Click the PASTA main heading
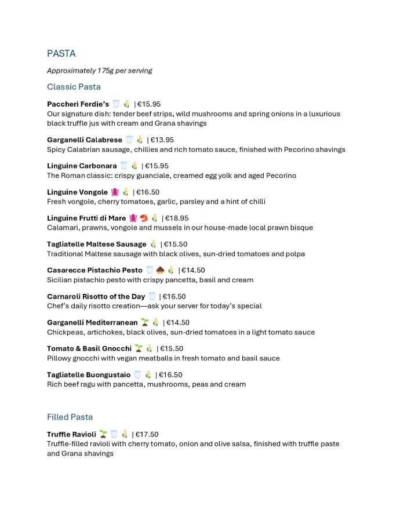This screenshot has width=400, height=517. click(x=61, y=54)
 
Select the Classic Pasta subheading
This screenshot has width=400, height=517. click(x=74, y=87)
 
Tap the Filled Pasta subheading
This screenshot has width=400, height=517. click(x=70, y=417)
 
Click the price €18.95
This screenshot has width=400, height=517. click(x=177, y=219)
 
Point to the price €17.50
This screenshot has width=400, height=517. click(x=147, y=435)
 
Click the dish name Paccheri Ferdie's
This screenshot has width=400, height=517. click(x=78, y=104)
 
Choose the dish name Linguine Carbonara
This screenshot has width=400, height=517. click(x=82, y=166)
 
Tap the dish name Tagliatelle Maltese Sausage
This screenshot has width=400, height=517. click(x=96, y=245)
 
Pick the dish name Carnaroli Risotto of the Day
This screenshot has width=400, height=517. click(x=96, y=297)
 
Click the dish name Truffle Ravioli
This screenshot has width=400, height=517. click(x=71, y=435)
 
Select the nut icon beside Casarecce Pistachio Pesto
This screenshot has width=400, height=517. click(x=160, y=270)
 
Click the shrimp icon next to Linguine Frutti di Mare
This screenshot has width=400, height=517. click(x=144, y=219)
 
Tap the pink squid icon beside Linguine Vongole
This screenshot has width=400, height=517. click(x=115, y=192)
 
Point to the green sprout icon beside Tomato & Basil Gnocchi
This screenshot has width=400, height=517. click(x=139, y=349)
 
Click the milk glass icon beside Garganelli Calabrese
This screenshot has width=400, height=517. click(x=129, y=140)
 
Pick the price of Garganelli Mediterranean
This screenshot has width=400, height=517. click(x=178, y=323)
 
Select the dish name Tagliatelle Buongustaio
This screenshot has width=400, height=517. click(x=89, y=375)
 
